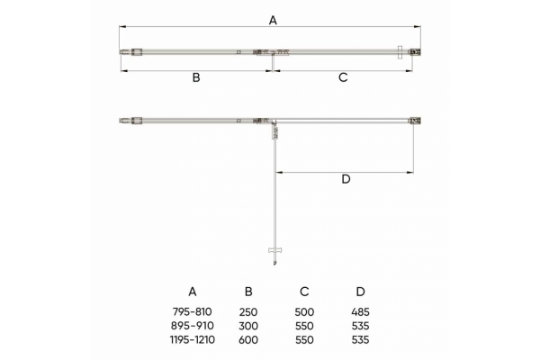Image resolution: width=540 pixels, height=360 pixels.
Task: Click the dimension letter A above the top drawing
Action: click(273, 21)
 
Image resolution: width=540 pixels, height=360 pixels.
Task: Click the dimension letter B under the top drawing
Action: click(196, 77)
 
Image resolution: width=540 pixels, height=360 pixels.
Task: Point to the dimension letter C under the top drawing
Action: click(343, 77)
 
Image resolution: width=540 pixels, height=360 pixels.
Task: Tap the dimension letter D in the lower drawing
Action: click(346, 179)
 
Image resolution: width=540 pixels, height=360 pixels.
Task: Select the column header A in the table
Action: click(193, 292)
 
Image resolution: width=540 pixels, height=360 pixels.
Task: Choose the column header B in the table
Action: click(248, 292)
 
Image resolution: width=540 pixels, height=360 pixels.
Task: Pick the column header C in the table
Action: click(304, 292)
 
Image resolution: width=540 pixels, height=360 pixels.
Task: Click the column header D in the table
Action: click(360, 292)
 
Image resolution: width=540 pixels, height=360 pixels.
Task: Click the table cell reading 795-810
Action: click(193, 311)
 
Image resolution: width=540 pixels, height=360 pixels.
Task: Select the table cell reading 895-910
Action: click(193, 326)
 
